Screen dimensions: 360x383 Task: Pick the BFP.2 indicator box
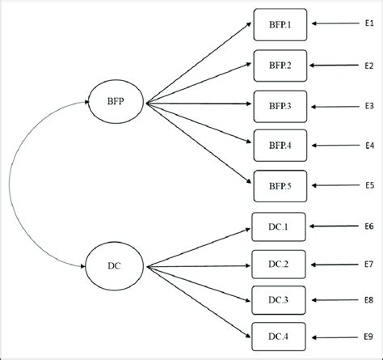click(x=280, y=65)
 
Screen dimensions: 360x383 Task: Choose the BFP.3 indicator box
click(x=280, y=105)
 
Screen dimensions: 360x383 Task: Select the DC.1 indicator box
click(x=280, y=227)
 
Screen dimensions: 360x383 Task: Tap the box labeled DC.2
click(x=280, y=264)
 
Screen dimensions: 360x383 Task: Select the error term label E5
click(x=368, y=184)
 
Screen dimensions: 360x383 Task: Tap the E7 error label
click(x=368, y=264)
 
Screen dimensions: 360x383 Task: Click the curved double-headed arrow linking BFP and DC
click(x=11, y=184)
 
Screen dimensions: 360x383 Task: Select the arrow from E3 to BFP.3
click(x=335, y=105)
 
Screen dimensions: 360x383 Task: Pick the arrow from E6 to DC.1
click(x=335, y=227)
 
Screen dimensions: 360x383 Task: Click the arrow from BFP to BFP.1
click(x=198, y=63)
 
